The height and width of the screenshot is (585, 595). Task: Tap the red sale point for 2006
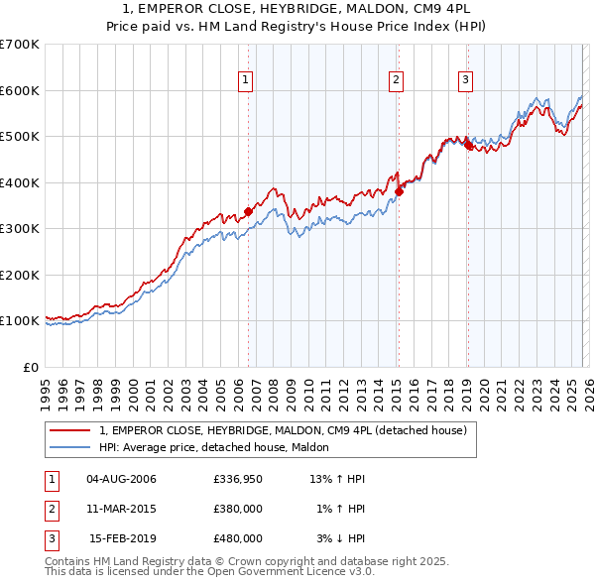click(x=248, y=210)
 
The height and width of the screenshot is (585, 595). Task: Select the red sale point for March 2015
click(x=399, y=191)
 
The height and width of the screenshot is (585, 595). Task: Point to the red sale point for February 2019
click(x=468, y=146)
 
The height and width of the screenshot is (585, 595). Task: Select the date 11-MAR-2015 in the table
click(x=121, y=509)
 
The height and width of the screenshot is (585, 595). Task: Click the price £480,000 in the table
click(x=238, y=538)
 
